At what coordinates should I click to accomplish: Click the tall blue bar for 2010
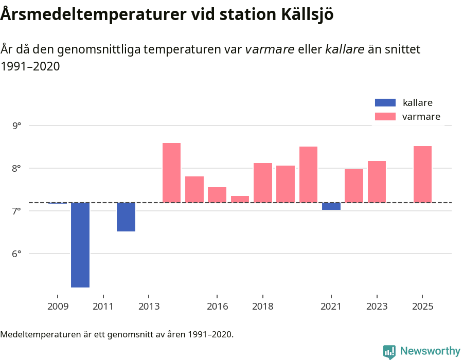(80, 245)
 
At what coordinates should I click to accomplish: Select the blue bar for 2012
(126, 217)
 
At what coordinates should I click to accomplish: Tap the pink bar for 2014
(171, 173)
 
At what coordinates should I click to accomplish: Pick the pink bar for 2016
(217, 195)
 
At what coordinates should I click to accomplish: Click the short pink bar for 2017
(240, 199)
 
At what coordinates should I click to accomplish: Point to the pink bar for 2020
(308, 174)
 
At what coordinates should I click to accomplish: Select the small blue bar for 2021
(331, 206)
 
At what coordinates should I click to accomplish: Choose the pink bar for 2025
(422, 174)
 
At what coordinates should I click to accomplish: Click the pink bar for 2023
(377, 182)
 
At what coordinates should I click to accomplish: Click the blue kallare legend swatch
(385, 103)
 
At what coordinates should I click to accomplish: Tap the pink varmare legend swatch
(385, 117)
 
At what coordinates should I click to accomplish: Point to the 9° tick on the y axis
(17, 125)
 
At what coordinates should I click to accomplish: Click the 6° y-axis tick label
(17, 254)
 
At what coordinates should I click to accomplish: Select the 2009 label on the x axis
(58, 307)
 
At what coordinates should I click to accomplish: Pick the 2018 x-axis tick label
(263, 307)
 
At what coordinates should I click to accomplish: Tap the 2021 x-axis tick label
(331, 307)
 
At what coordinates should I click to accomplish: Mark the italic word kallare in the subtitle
(345, 50)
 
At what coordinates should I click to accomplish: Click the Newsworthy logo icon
(389, 351)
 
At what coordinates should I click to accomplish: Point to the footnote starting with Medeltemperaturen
(117, 334)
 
